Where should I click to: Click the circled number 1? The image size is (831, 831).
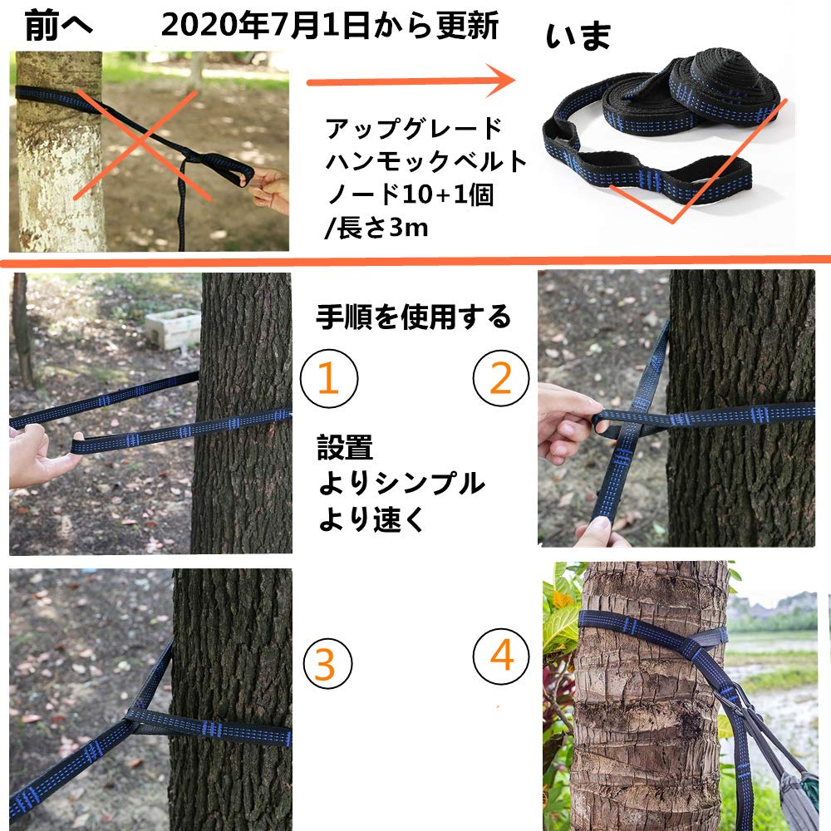tap(329, 379)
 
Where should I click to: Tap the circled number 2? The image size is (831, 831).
tap(501, 379)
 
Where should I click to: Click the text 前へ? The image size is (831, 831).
tap(59, 27)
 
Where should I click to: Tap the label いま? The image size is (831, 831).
tap(579, 37)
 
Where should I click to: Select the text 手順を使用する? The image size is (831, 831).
tap(413, 317)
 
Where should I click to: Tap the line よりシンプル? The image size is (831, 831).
tap(401, 483)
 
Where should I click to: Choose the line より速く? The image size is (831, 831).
tap(371, 519)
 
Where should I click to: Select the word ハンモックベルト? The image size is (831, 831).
tap(426, 161)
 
